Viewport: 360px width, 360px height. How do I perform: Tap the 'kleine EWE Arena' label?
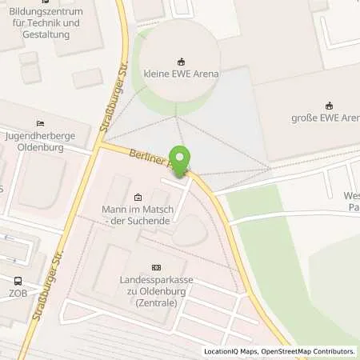click(182, 74)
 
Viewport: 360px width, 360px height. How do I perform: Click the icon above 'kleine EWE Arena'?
click(182, 61)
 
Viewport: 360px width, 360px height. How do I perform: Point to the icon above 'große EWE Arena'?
click(328, 106)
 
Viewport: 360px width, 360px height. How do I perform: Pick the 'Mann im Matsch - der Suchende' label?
click(138, 214)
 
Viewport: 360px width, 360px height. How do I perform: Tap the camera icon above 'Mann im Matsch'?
click(138, 197)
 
